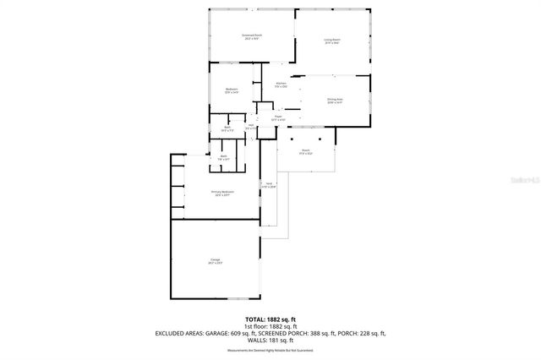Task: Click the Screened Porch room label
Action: point(252,36)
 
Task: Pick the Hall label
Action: point(251,126)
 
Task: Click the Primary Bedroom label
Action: point(222,193)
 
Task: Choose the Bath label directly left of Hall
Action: point(227,128)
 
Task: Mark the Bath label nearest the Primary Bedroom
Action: point(224,156)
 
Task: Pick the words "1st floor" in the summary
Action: point(254,326)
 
